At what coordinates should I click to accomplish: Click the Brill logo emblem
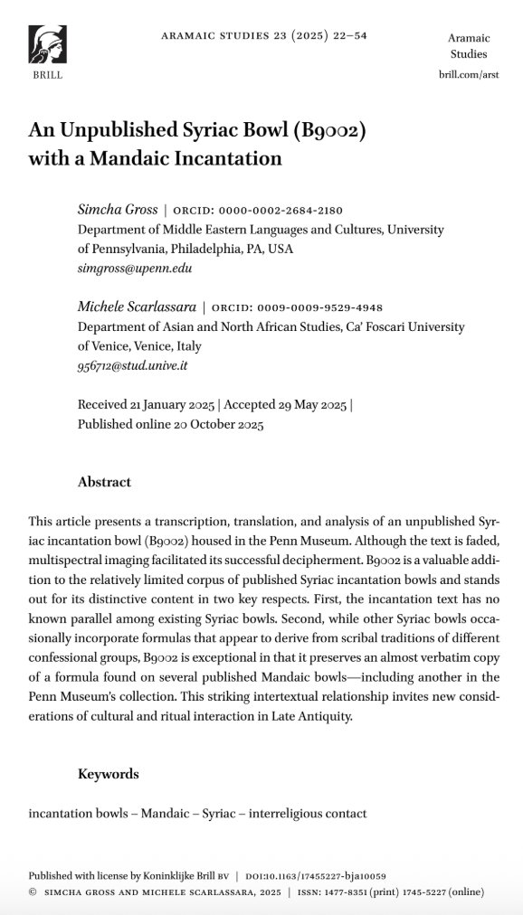tap(47, 44)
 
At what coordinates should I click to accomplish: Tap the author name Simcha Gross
tap(116, 210)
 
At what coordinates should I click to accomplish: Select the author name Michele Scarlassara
tap(137, 307)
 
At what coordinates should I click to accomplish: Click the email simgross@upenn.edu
tap(135, 269)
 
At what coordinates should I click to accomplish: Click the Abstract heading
tap(104, 482)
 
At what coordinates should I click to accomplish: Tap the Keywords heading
tap(109, 774)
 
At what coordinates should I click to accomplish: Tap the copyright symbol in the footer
tap(33, 891)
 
